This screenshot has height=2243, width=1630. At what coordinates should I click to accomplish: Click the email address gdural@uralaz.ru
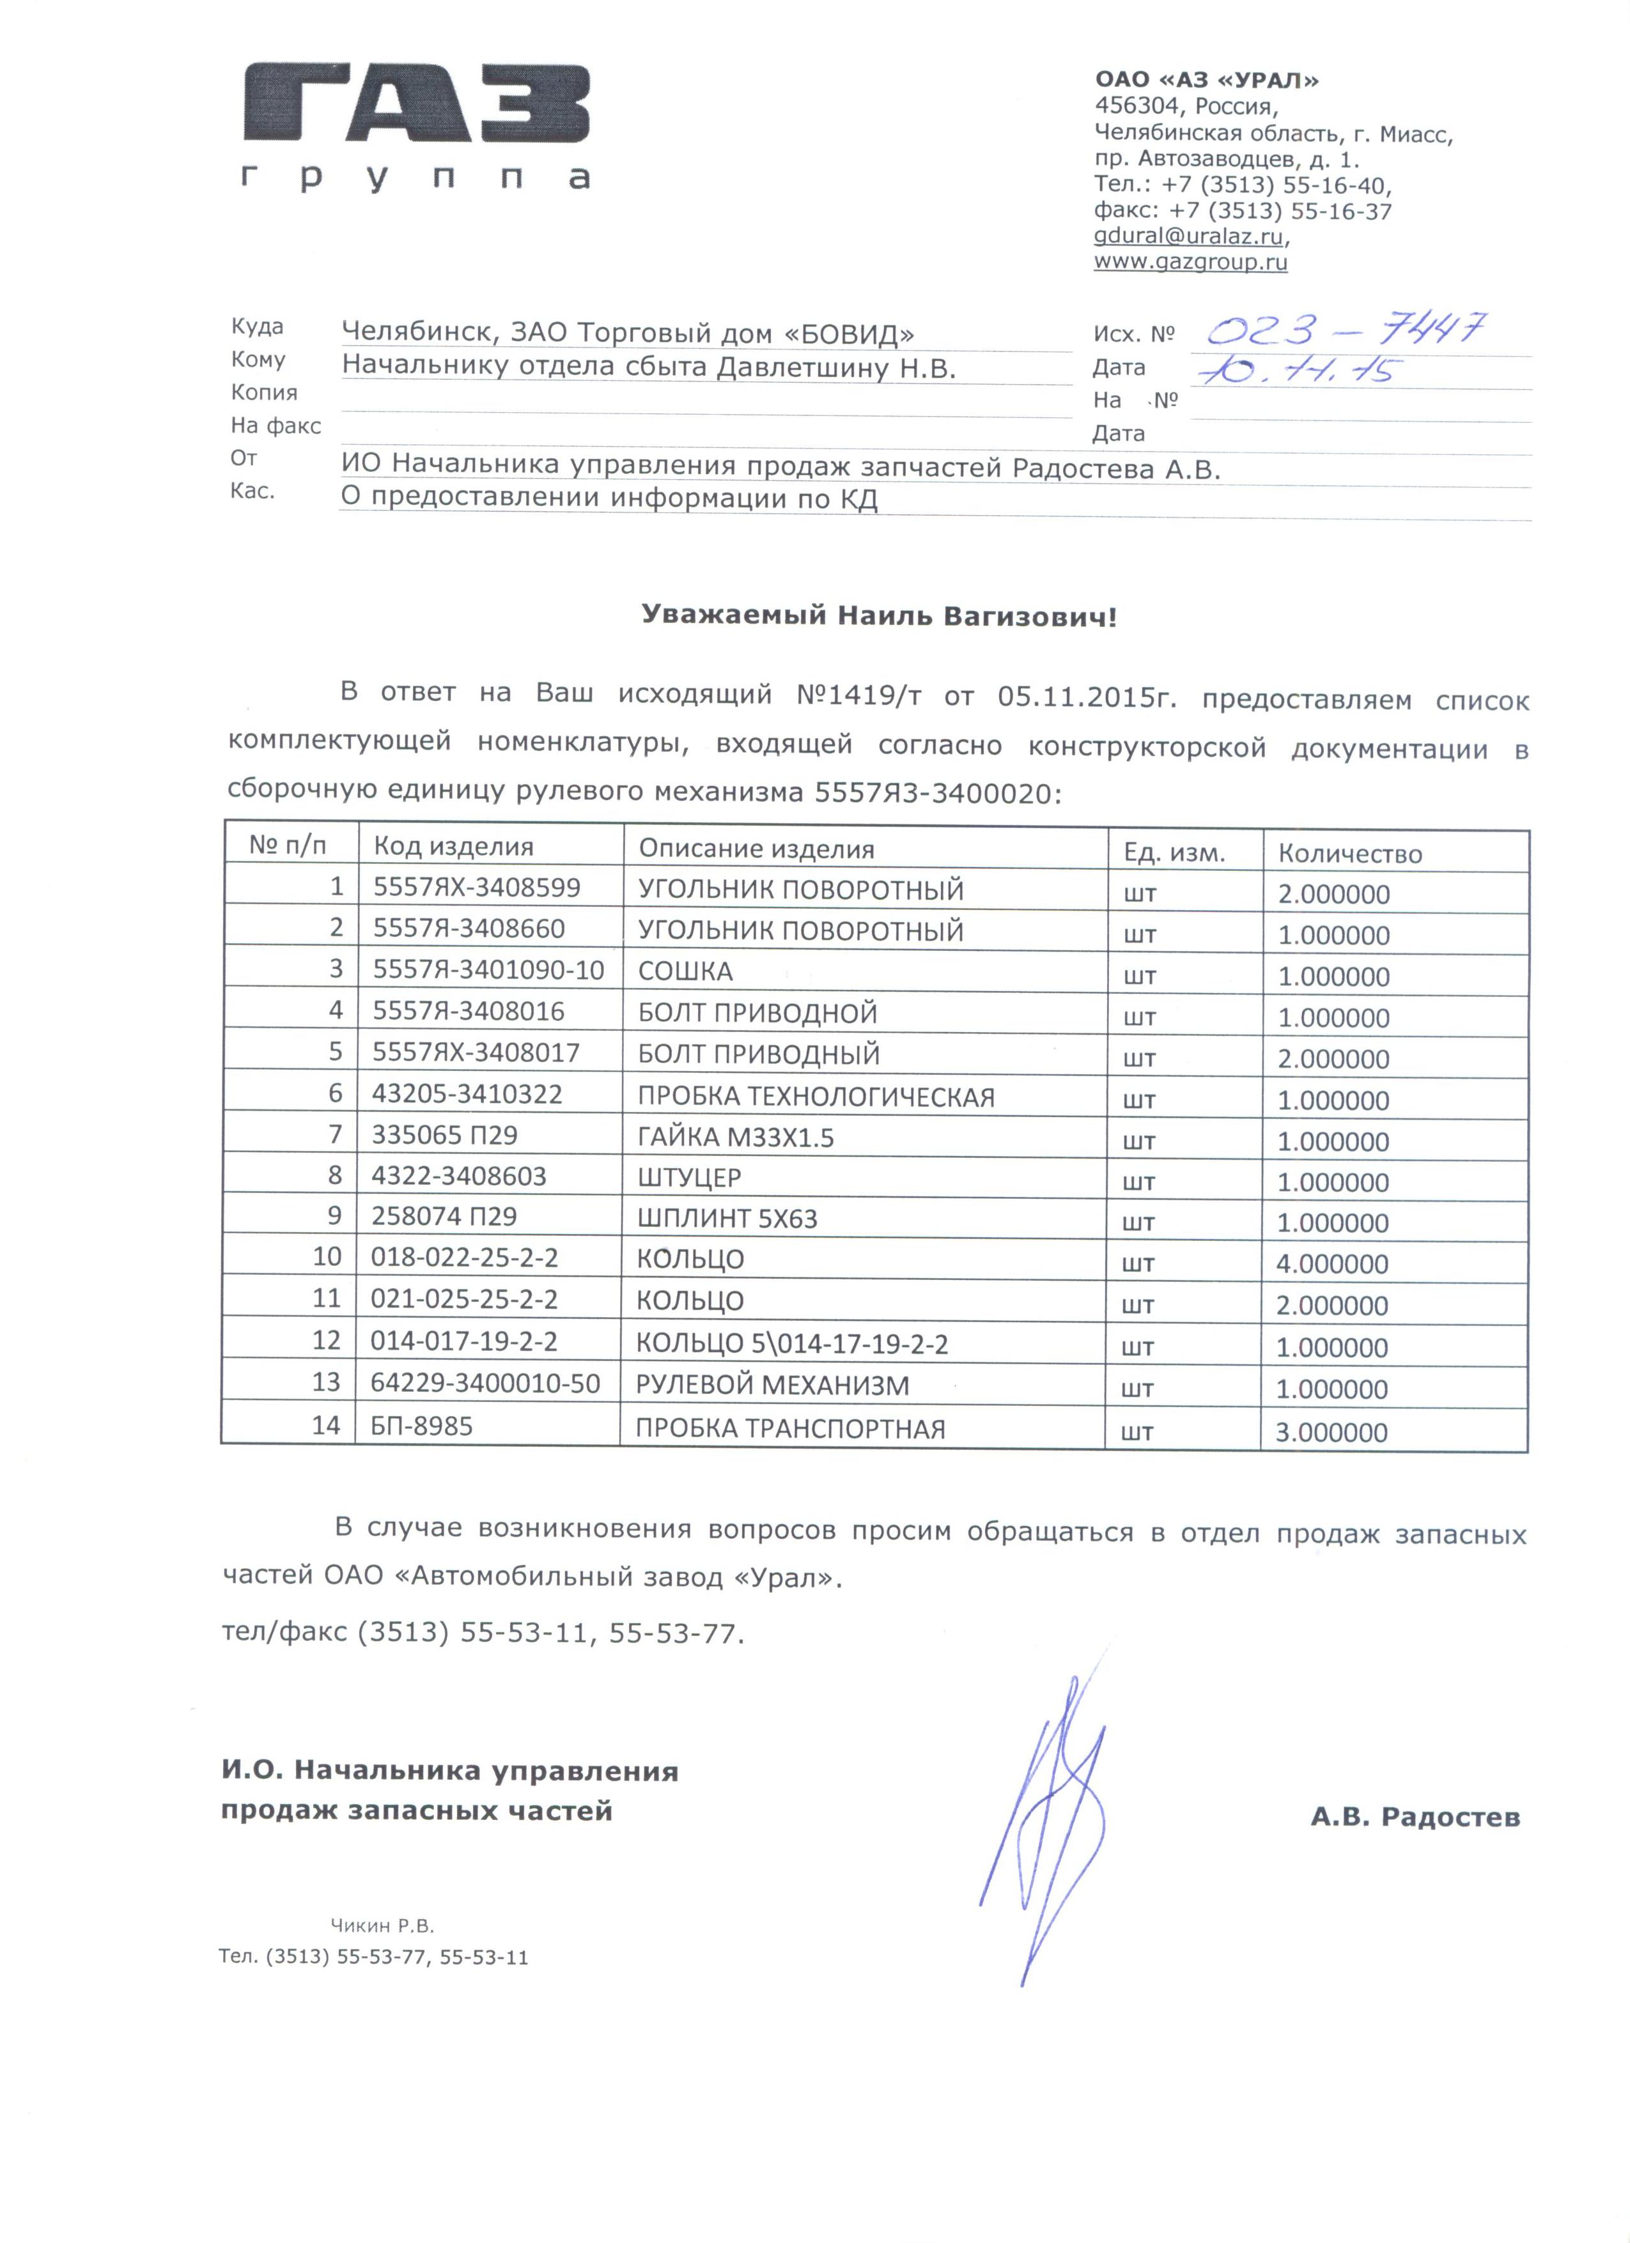pyautogui.click(x=1190, y=236)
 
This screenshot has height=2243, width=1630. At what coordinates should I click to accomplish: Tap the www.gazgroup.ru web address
pyautogui.click(x=1190, y=262)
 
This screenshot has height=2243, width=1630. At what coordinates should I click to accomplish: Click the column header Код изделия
pyautogui.click(x=453, y=847)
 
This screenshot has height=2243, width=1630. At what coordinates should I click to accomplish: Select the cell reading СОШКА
pyautogui.click(x=685, y=971)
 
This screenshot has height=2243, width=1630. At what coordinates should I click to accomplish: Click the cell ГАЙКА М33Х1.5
pyautogui.click(x=736, y=1137)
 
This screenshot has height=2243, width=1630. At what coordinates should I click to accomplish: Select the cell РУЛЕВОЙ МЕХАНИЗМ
pyautogui.click(x=772, y=1385)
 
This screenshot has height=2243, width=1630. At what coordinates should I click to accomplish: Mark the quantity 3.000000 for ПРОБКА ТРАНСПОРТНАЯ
pyautogui.click(x=1331, y=1432)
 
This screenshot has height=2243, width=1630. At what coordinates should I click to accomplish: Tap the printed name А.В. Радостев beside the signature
pyautogui.click(x=1415, y=1817)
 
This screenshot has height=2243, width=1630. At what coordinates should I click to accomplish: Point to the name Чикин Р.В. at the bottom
pyautogui.click(x=382, y=1925)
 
